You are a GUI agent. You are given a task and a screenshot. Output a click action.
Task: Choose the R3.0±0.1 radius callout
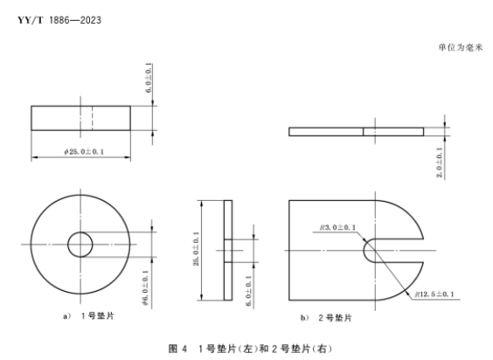tap(337, 228)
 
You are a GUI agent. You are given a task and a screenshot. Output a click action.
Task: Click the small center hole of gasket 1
tap(82, 243)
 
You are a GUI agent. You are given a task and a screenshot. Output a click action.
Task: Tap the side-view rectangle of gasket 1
tap(82, 118)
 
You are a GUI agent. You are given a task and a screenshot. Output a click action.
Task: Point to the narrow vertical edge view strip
tap(229, 252)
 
